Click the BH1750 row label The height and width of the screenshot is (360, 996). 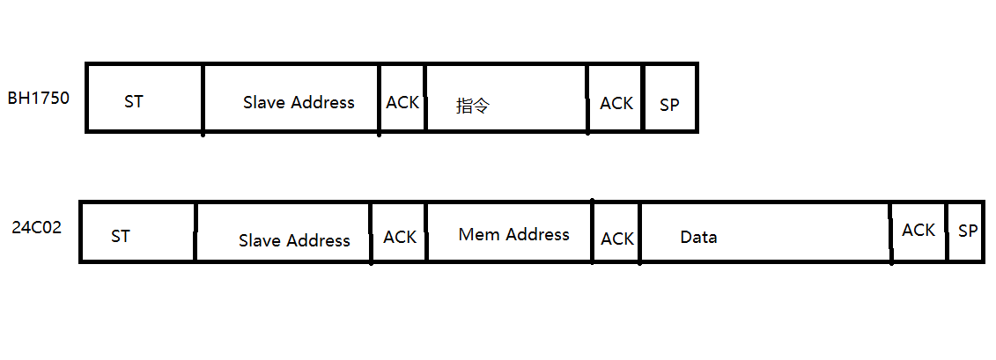pos(38,97)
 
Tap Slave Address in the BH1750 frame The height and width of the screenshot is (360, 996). pos(299,102)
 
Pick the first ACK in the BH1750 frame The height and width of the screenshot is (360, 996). pos(402,102)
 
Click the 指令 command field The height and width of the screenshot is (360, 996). pos(473,106)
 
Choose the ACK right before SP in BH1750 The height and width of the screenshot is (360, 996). pos(616,103)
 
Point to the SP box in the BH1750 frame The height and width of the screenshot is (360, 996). pos(670,104)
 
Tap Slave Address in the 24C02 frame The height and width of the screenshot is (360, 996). pos(294,240)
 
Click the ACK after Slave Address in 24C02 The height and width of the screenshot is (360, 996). pos(400,238)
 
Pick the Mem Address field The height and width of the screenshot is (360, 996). pos(513,234)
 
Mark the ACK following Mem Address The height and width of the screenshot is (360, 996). pos(617,239)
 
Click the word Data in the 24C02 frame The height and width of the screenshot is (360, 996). pos(698,237)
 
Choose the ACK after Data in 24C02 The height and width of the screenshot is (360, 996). pos(919,230)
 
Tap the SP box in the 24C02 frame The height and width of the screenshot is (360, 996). pos(968,231)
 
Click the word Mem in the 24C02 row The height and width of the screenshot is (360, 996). pos(478,234)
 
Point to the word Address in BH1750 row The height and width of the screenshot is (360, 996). pos(322,102)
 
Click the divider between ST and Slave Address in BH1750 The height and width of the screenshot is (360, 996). pos(203,99)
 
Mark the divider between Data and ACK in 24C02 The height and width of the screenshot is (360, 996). pos(891,233)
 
